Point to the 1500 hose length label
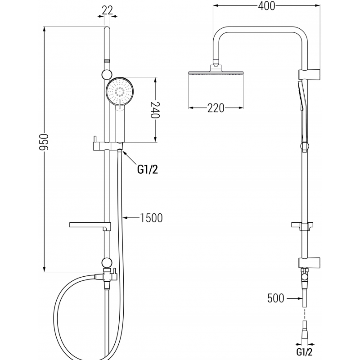(x=151, y=218)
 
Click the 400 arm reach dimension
(x=266, y=6)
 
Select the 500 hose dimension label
(x=276, y=298)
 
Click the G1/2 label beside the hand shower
(x=148, y=170)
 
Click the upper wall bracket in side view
(x=308, y=73)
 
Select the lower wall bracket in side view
(x=308, y=261)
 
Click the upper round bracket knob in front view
(x=107, y=74)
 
